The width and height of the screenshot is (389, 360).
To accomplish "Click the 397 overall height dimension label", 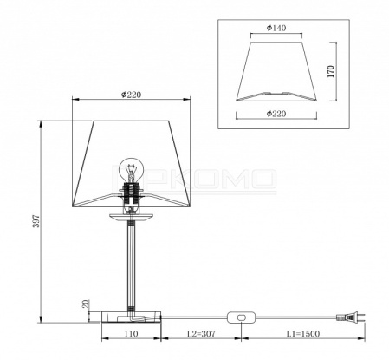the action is coord(36,221).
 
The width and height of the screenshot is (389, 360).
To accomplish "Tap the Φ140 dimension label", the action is coord(276,28).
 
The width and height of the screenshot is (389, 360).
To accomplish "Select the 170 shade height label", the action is coord(331,71).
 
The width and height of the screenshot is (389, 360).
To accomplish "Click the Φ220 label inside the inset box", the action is coord(276,114).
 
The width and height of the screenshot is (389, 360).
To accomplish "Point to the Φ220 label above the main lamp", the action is coord(131,95).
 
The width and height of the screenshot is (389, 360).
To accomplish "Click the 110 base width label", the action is coord(131,334).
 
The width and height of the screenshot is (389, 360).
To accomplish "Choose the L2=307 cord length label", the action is coord(201,334).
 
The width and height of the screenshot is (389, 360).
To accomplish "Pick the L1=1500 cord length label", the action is coord(303,334).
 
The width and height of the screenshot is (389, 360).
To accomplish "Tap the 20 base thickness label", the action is coord(86,304).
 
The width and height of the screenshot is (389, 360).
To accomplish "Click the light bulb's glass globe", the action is coord(132,167).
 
